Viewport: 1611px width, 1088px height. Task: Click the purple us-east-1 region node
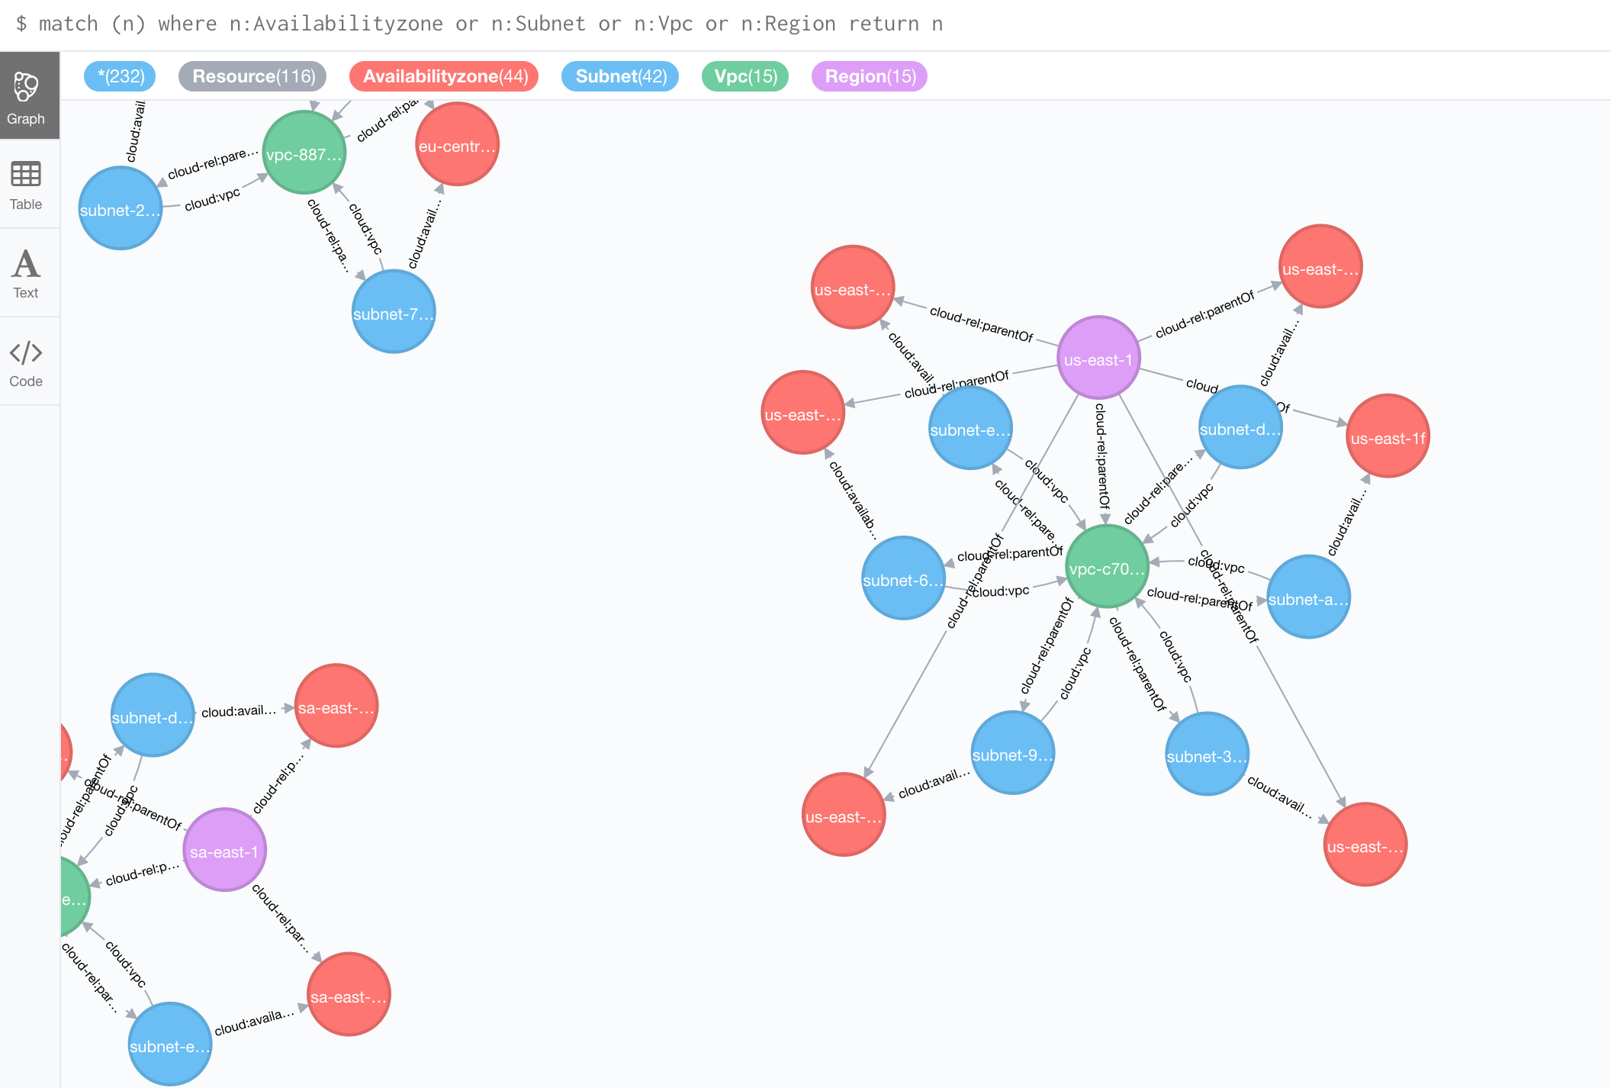tap(1098, 358)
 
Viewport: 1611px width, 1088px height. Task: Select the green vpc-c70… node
tap(1107, 567)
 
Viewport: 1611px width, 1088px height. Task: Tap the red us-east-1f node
tap(1388, 436)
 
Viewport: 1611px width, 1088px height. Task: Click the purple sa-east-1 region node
tap(224, 850)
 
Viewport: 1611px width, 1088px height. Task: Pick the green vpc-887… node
tap(304, 153)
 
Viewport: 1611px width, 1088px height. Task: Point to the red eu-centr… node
tap(457, 145)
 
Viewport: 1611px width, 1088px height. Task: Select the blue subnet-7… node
tap(394, 312)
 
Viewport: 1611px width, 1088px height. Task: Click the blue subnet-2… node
tap(121, 209)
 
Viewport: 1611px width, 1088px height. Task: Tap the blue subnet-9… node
tap(1013, 753)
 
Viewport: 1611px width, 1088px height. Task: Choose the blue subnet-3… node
tap(1207, 755)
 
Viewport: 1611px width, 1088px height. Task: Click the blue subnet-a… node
tap(1308, 597)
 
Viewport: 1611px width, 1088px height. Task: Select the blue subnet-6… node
tap(903, 578)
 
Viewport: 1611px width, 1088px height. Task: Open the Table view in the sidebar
tap(26, 185)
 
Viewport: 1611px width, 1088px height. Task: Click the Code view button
tap(26, 362)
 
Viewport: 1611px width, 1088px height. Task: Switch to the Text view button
tap(26, 273)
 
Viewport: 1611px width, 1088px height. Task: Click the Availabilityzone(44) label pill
tap(445, 76)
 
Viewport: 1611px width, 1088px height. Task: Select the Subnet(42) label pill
tap(620, 76)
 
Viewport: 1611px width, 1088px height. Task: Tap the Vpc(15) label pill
tap(745, 76)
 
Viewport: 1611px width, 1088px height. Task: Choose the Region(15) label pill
tap(870, 76)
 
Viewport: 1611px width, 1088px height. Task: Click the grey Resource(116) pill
tap(253, 76)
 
